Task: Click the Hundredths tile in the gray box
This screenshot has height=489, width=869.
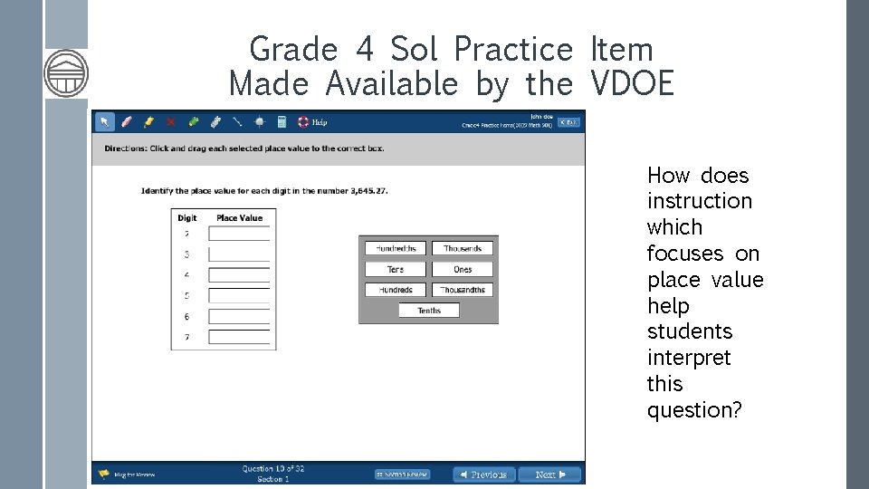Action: (396, 248)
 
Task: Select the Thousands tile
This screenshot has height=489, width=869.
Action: (463, 248)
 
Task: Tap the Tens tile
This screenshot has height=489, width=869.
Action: (396, 269)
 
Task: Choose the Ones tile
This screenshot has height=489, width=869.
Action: (463, 269)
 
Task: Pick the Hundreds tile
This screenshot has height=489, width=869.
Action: (396, 290)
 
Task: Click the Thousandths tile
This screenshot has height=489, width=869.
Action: (463, 290)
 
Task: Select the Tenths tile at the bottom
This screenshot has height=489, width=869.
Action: (429, 311)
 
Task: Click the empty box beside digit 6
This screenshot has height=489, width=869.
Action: (240, 317)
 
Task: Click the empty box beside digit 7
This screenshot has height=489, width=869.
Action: (240, 338)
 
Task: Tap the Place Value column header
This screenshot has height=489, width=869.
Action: (240, 217)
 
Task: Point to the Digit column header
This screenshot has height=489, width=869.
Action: (187, 217)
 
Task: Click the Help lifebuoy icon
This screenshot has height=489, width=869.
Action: (304, 122)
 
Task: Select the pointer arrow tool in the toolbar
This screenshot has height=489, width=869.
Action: (105, 122)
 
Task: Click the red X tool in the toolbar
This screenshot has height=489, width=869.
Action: (170, 122)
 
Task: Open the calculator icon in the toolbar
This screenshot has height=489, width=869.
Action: (282, 122)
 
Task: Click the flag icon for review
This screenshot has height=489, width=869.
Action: (104, 474)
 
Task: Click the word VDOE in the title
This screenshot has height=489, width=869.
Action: (632, 84)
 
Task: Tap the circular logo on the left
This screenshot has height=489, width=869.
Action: (66, 72)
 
